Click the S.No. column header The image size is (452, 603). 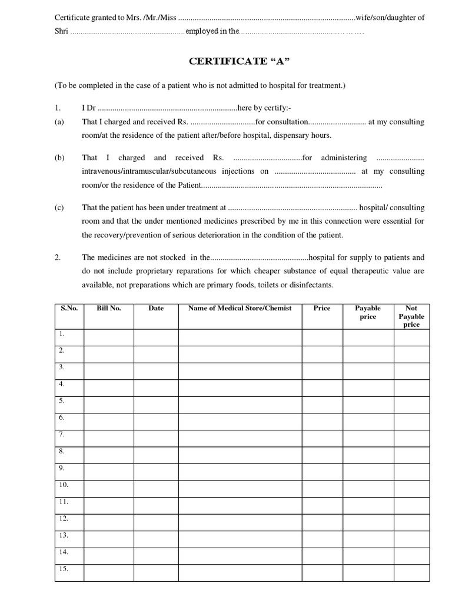tap(69, 309)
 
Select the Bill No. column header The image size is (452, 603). tap(109, 309)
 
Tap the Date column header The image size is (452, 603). tap(156, 309)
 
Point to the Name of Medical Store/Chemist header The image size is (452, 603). tap(240, 309)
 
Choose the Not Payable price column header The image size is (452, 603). tap(411, 316)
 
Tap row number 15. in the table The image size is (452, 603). tap(63, 569)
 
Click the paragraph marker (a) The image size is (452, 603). tap(59, 122)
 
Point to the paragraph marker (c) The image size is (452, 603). tap(59, 208)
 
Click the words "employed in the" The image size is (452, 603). tap(212, 32)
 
